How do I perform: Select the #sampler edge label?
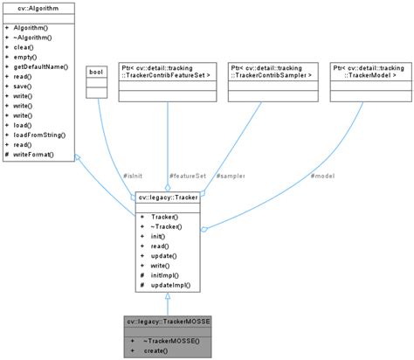(230, 176)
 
